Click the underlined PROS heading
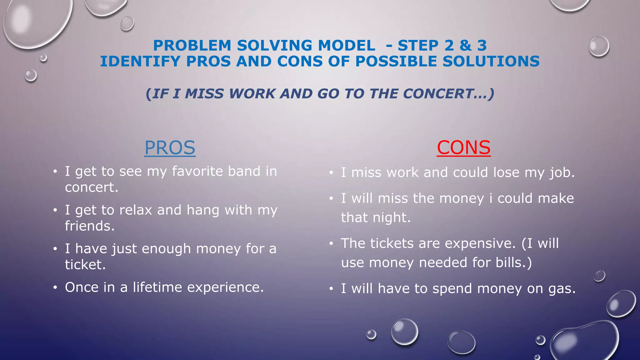170,147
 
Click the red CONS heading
463,147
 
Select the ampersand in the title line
465,46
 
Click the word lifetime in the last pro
157,287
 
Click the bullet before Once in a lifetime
55,287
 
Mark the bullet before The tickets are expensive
331,244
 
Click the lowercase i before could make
491,198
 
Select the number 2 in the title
449,46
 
